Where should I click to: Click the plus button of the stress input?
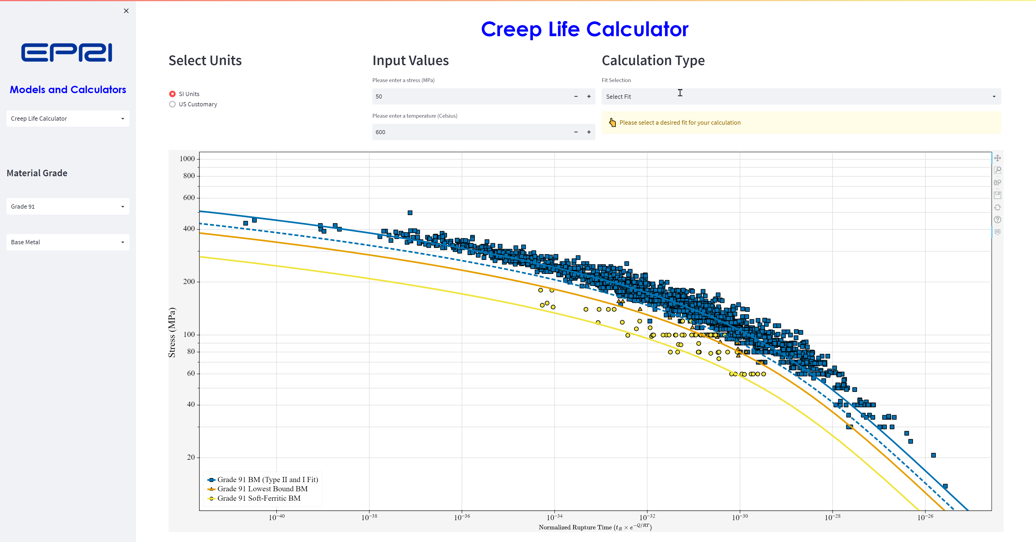pos(589,97)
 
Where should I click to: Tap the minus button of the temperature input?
pos(576,132)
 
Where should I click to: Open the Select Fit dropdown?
pos(801,97)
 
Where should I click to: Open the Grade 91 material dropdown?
pos(67,206)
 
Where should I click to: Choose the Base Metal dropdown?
pos(67,242)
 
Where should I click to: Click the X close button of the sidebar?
pos(126,11)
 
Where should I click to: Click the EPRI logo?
pos(67,53)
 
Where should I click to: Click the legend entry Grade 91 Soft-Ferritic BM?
pos(259,498)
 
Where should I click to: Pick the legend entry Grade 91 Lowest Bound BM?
pos(262,489)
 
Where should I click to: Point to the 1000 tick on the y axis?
pos(187,158)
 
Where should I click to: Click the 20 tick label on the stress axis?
pos(191,457)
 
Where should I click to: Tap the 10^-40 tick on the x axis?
pos(277,517)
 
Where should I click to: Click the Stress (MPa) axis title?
pos(172,332)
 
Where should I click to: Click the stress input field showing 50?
pos(471,97)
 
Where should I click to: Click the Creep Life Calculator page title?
pos(585,29)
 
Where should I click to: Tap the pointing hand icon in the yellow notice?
pos(612,122)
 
